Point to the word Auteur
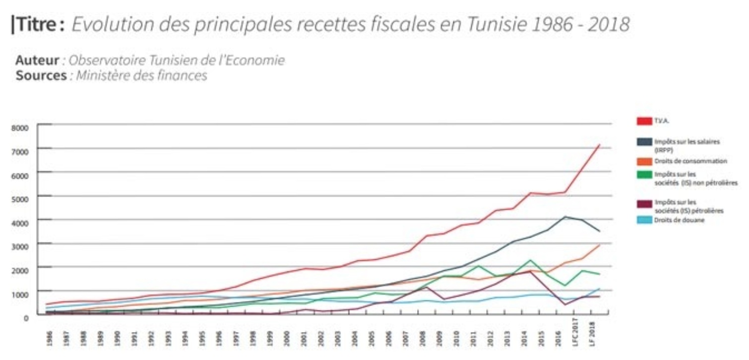tap(37, 60)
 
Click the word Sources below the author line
tap(41, 76)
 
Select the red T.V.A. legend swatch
tap(644, 121)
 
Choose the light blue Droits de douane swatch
tap(644, 220)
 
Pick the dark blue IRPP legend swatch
tap(644, 142)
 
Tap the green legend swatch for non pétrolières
tap(644, 174)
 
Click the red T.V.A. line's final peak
tap(600, 144)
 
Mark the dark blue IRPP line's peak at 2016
tap(564, 216)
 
